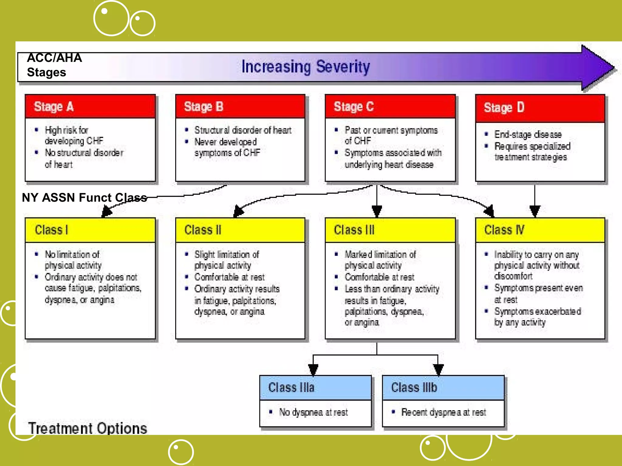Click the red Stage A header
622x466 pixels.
[x=90, y=106]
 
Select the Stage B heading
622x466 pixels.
[x=240, y=106]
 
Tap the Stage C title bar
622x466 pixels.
[x=390, y=106]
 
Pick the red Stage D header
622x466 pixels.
[x=540, y=108]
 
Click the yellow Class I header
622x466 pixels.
[x=90, y=230]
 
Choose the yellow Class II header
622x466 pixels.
[x=240, y=230]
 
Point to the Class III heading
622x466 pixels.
[x=390, y=230]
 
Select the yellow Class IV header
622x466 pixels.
[x=540, y=230]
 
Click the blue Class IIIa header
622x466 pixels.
[x=315, y=388]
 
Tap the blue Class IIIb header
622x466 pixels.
[x=443, y=388]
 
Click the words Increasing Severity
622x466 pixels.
[x=306, y=67]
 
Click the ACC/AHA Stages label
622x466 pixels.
[x=54, y=65]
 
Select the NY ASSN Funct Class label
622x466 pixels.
[x=84, y=198]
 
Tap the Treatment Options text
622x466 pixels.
[x=87, y=428]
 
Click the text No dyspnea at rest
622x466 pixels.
[x=313, y=412]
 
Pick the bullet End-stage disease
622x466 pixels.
[x=528, y=134]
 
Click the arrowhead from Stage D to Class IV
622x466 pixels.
[x=535, y=211]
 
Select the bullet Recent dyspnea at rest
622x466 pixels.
[x=443, y=412]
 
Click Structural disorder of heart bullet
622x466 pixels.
[x=243, y=130]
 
